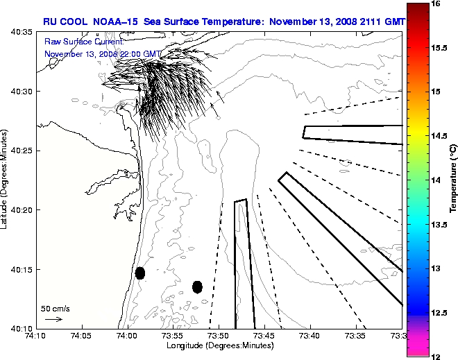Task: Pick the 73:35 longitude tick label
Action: coord(356,336)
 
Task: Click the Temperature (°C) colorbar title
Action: coord(452,180)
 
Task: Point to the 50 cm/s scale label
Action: coord(55,309)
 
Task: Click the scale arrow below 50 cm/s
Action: coord(53,319)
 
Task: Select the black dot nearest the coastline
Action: coord(140,273)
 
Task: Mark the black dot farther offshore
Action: coord(197,286)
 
